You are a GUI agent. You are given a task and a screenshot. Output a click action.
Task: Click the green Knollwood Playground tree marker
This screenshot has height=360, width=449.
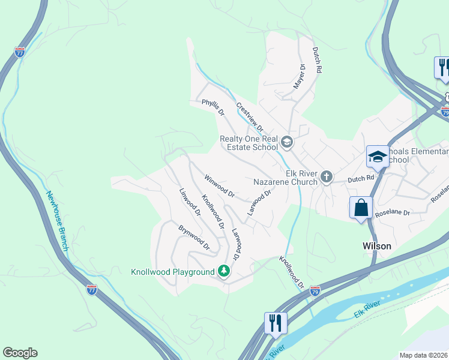224,272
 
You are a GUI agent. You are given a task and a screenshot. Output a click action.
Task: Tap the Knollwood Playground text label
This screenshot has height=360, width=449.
173,272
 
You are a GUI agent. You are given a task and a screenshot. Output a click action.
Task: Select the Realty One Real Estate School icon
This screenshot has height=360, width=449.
287,142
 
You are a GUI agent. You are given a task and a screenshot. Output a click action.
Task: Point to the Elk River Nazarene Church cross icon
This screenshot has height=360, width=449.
326,176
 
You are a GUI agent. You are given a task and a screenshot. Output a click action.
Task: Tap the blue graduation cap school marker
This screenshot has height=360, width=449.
377,157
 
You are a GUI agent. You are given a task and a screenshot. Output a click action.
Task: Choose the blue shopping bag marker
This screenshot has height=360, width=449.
361,208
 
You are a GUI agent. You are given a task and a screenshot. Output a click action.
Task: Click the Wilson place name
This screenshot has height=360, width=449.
377,246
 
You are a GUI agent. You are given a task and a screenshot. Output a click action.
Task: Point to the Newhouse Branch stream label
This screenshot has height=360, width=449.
58,221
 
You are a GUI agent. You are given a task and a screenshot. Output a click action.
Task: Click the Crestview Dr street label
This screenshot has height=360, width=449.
250,117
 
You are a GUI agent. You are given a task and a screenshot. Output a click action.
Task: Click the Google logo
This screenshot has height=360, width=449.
20,353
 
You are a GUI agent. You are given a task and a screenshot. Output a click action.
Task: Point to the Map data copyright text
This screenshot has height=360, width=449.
423,355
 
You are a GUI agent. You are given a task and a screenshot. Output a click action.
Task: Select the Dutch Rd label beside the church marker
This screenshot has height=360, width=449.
362,178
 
